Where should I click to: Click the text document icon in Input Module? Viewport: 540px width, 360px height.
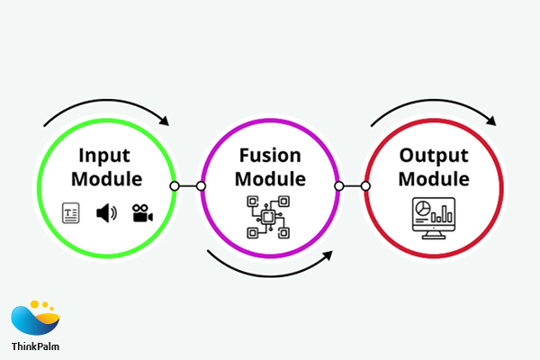(70, 213)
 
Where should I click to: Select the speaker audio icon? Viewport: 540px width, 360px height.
(107, 213)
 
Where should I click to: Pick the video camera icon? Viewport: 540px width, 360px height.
(142, 213)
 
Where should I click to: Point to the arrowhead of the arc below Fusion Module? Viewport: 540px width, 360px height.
(327, 256)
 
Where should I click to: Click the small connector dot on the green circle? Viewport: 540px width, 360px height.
(175, 187)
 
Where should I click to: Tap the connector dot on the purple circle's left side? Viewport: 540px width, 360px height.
(201, 187)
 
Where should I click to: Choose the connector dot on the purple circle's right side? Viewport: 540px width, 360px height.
(338, 187)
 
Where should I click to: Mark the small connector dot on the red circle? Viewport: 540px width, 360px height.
(364, 187)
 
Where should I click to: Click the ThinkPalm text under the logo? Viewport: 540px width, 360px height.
(36, 346)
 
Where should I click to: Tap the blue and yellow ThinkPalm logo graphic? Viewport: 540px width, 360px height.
(35, 318)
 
